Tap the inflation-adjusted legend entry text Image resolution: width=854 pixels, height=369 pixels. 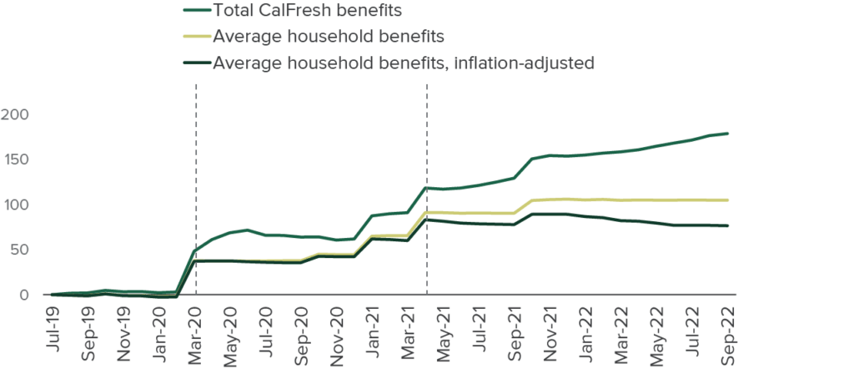tap(402, 63)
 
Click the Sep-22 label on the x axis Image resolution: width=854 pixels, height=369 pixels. tap(728, 329)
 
